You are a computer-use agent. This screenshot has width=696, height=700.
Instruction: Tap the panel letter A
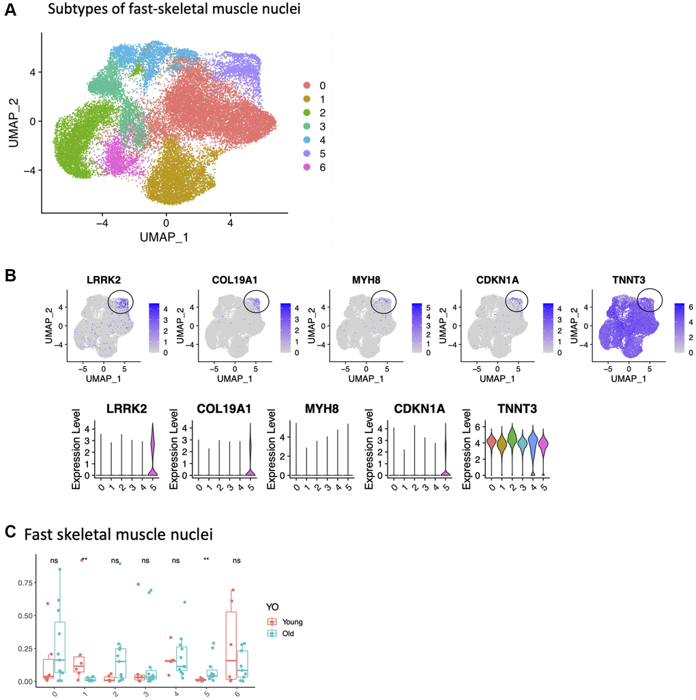tap(10, 11)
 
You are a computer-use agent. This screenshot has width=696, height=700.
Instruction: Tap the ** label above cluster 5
tap(206, 560)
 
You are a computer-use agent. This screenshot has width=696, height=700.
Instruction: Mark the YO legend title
tap(274, 606)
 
